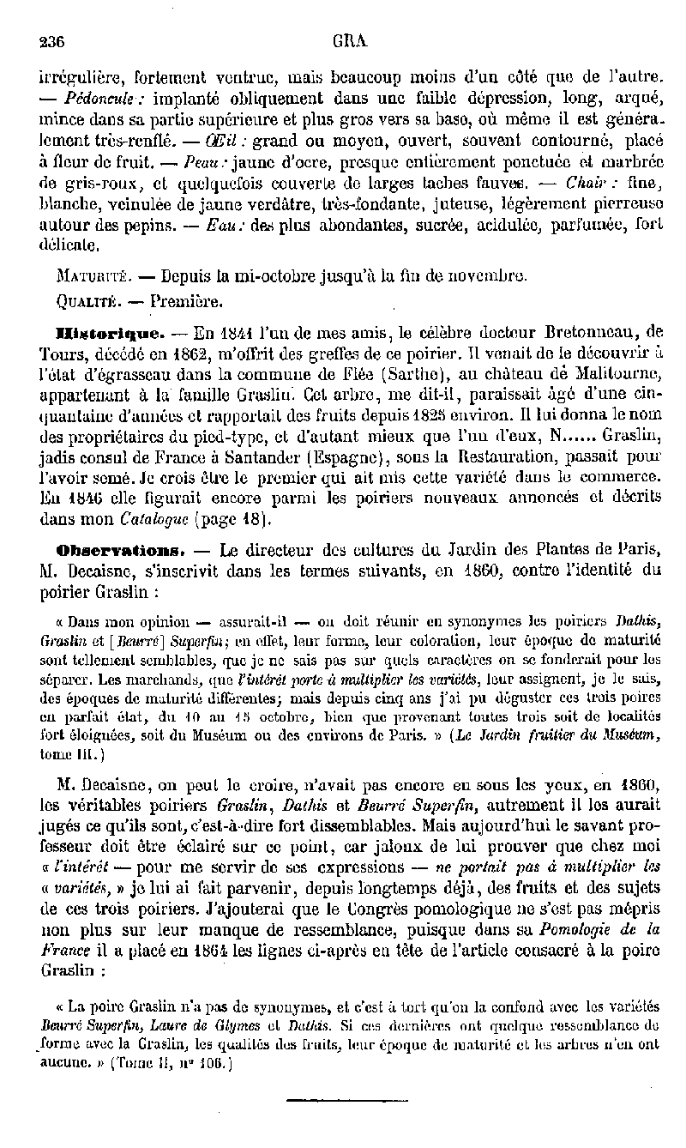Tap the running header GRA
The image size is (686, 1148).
pos(346,39)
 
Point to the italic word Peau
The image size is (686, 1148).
pos(206,161)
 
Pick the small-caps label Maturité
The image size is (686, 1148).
pos(93,277)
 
